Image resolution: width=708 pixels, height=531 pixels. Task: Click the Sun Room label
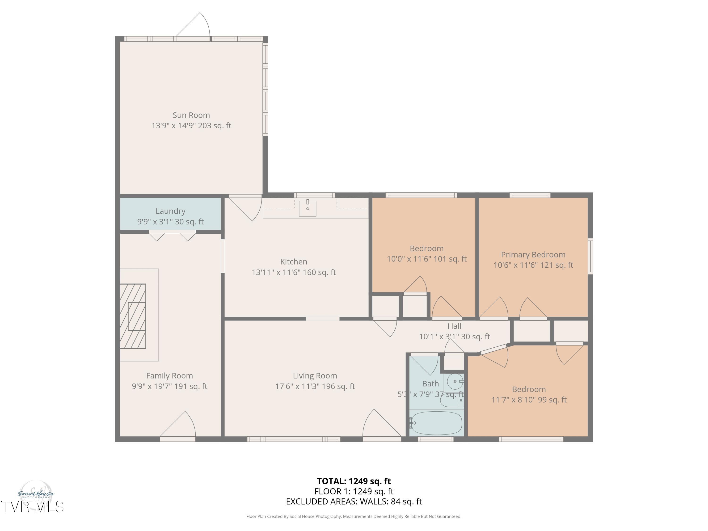pyautogui.click(x=191, y=115)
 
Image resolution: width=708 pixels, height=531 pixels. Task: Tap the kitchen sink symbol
pyautogui.click(x=307, y=208)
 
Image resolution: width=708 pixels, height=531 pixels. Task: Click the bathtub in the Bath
pyautogui.click(x=436, y=423)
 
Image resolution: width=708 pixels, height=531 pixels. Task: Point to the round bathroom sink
pyautogui.click(x=455, y=381)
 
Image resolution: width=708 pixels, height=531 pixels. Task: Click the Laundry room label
pyautogui.click(x=170, y=211)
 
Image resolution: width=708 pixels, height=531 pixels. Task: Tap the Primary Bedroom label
pyautogui.click(x=533, y=255)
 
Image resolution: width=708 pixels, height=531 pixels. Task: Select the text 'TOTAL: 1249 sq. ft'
pyautogui.click(x=354, y=481)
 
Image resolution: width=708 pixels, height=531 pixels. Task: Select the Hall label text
pyautogui.click(x=454, y=326)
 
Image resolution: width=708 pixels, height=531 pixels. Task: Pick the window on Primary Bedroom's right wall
pyautogui.click(x=590, y=256)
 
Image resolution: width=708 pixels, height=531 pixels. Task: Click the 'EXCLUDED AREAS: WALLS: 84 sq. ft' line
pyautogui.click(x=354, y=501)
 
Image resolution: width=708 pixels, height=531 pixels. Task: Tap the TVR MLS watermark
pyautogui.click(x=32, y=507)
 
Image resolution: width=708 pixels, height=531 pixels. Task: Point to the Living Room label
pyautogui.click(x=315, y=376)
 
